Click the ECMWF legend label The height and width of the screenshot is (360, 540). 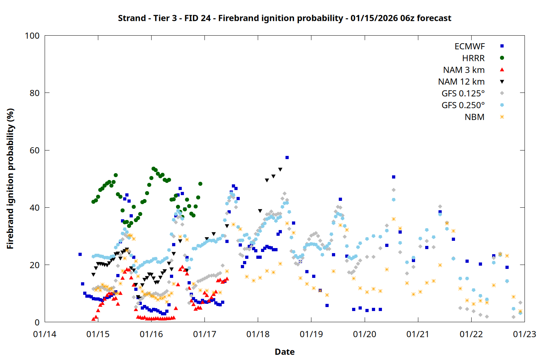point(469,46)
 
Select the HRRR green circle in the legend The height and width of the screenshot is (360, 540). point(502,58)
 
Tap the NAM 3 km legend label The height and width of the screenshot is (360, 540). point(464,70)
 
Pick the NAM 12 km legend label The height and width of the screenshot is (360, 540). point(461,82)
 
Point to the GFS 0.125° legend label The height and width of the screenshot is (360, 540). point(463,94)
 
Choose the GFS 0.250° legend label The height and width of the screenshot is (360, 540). point(463,105)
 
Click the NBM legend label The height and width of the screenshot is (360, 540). point(474,117)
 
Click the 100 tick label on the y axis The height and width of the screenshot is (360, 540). point(32,36)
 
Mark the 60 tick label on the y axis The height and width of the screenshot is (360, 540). point(35,150)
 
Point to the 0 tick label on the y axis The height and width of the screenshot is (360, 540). point(37,323)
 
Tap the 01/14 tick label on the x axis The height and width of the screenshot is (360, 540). point(45,334)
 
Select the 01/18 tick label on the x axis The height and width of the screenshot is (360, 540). point(258,334)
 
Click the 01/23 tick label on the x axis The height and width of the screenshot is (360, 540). point(524,334)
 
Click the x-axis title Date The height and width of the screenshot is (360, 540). point(284,352)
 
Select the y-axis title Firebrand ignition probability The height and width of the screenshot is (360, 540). point(10,179)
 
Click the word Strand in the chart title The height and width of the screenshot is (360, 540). point(132,18)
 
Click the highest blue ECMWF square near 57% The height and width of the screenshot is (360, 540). point(287,157)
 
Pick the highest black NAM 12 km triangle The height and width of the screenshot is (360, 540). point(280,170)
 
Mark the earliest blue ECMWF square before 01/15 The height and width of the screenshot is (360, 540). point(80,255)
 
